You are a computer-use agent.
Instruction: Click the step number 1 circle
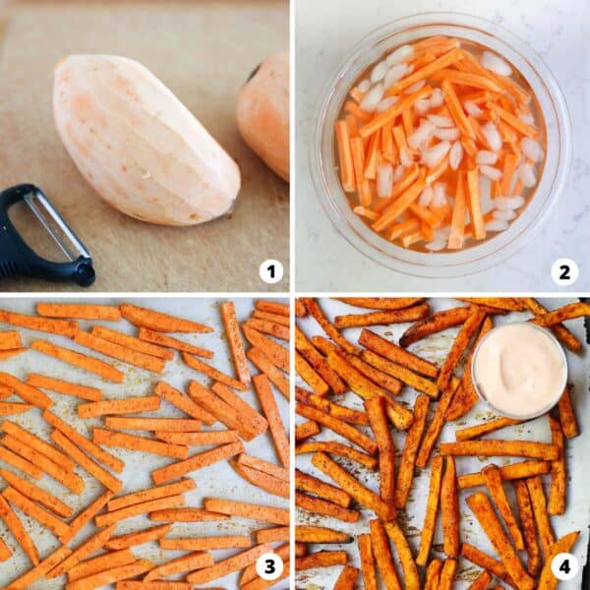(x=270, y=270)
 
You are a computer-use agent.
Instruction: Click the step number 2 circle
(x=565, y=270)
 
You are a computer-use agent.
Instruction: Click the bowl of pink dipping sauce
(x=518, y=371)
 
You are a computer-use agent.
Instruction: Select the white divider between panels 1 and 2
(x=292, y=147)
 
